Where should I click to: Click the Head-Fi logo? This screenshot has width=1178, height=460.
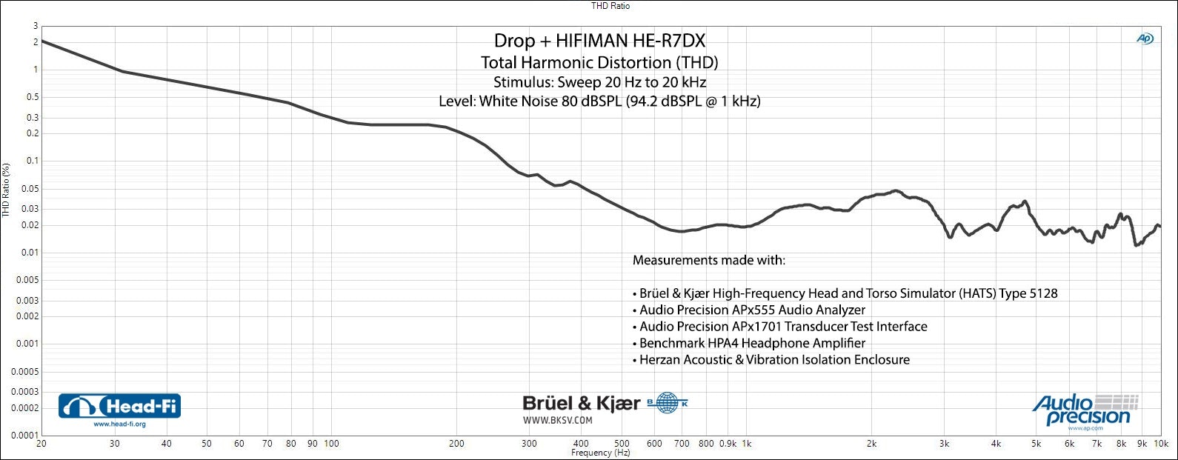(119, 406)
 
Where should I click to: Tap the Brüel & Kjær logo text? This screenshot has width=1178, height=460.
(581, 403)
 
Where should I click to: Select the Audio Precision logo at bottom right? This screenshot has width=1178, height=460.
(1085, 410)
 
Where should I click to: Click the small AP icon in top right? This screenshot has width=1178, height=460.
(1145, 39)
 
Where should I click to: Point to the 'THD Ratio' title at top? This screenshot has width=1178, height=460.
(610, 6)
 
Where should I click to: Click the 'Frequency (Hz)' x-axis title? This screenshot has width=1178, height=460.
(600, 453)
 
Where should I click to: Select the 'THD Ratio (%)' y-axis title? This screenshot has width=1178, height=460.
(6, 190)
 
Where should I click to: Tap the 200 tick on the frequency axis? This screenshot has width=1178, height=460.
(456, 444)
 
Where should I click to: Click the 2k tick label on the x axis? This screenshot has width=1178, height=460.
(871, 444)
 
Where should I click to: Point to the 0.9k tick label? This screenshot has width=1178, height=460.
(728, 444)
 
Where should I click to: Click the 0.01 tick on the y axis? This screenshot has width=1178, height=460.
(28, 253)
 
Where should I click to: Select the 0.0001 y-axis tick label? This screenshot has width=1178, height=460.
(24, 436)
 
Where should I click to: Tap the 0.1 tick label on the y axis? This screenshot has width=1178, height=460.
(32, 161)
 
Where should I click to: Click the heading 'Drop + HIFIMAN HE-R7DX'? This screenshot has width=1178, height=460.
(599, 41)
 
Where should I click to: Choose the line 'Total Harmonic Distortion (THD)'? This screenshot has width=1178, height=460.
(599, 62)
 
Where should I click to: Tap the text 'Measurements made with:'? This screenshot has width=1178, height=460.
(708, 260)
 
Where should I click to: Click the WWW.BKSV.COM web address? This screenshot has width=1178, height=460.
(557, 420)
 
